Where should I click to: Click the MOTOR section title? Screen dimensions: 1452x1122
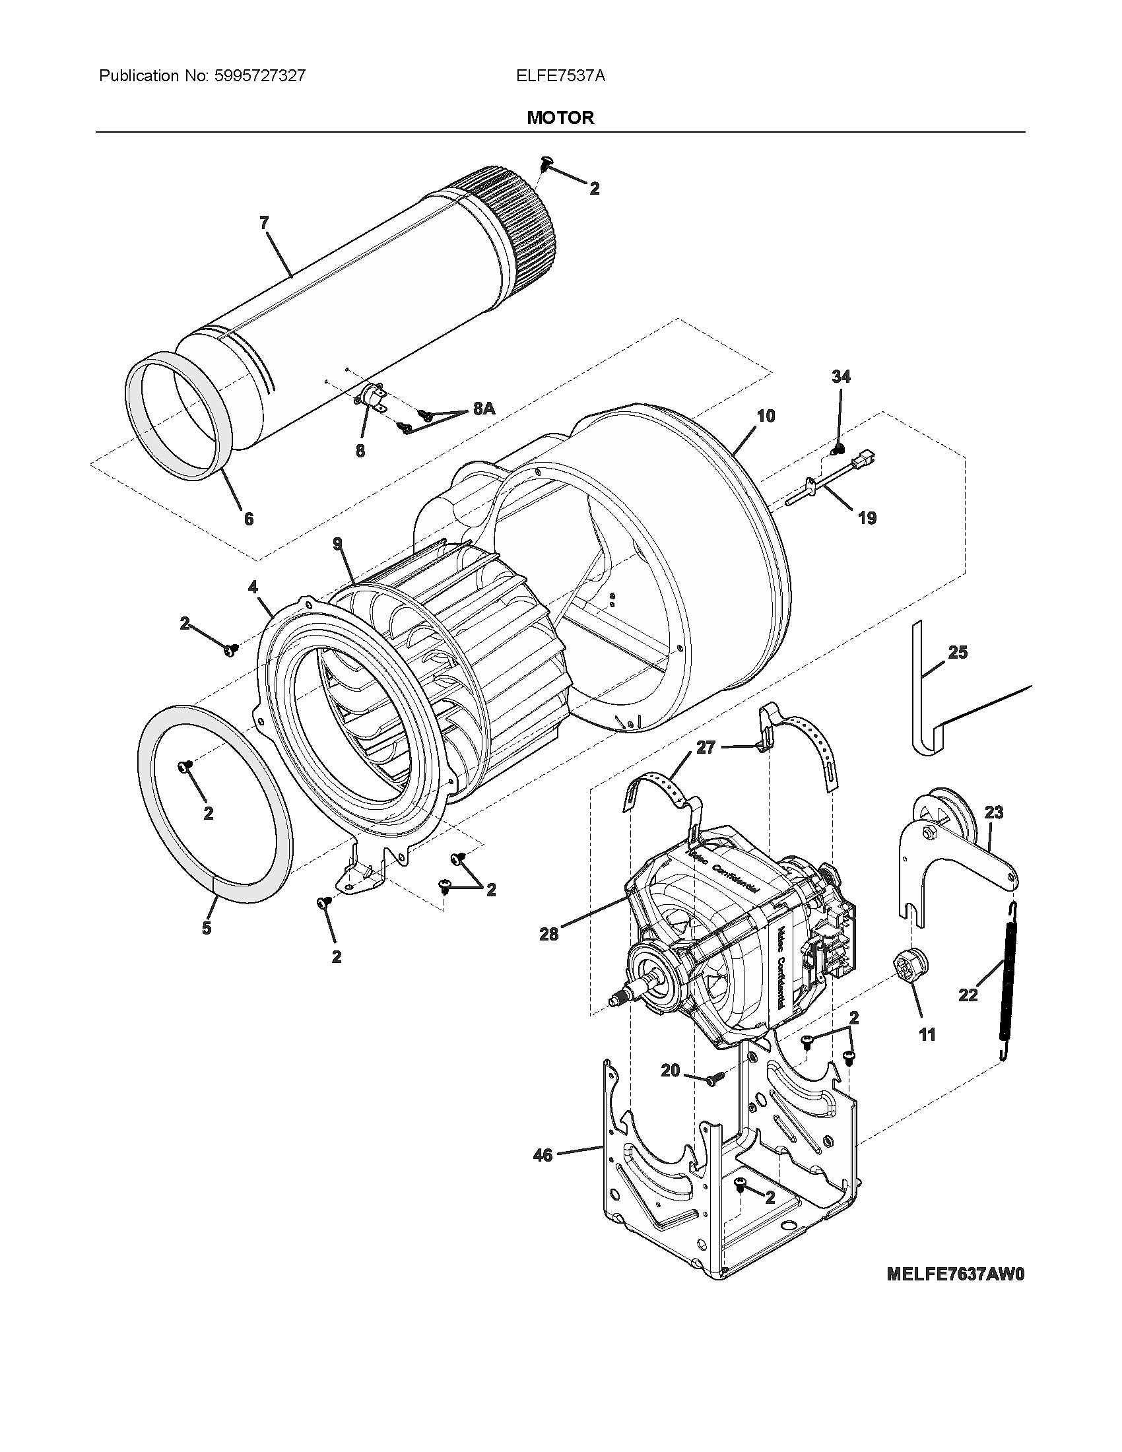coord(560,117)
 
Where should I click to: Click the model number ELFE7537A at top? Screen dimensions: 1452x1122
coord(560,76)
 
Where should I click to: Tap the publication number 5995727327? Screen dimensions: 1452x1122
coord(260,76)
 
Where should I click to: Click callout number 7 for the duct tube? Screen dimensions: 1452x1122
coord(264,223)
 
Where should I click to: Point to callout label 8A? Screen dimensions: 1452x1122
coord(484,409)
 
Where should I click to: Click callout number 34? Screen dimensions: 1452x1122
coord(841,377)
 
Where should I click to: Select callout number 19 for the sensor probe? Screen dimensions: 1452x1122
coord(867,517)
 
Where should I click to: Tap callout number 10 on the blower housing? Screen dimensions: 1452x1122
coord(766,416)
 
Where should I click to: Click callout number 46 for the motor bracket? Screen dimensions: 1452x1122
coord(543,1155)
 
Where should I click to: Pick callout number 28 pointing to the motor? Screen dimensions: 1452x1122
coord(549,934)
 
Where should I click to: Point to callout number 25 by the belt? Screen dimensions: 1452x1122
coord(957,652)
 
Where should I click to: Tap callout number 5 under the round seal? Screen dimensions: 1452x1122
coord(207,927)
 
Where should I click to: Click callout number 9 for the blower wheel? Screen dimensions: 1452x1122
coord(339,544)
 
